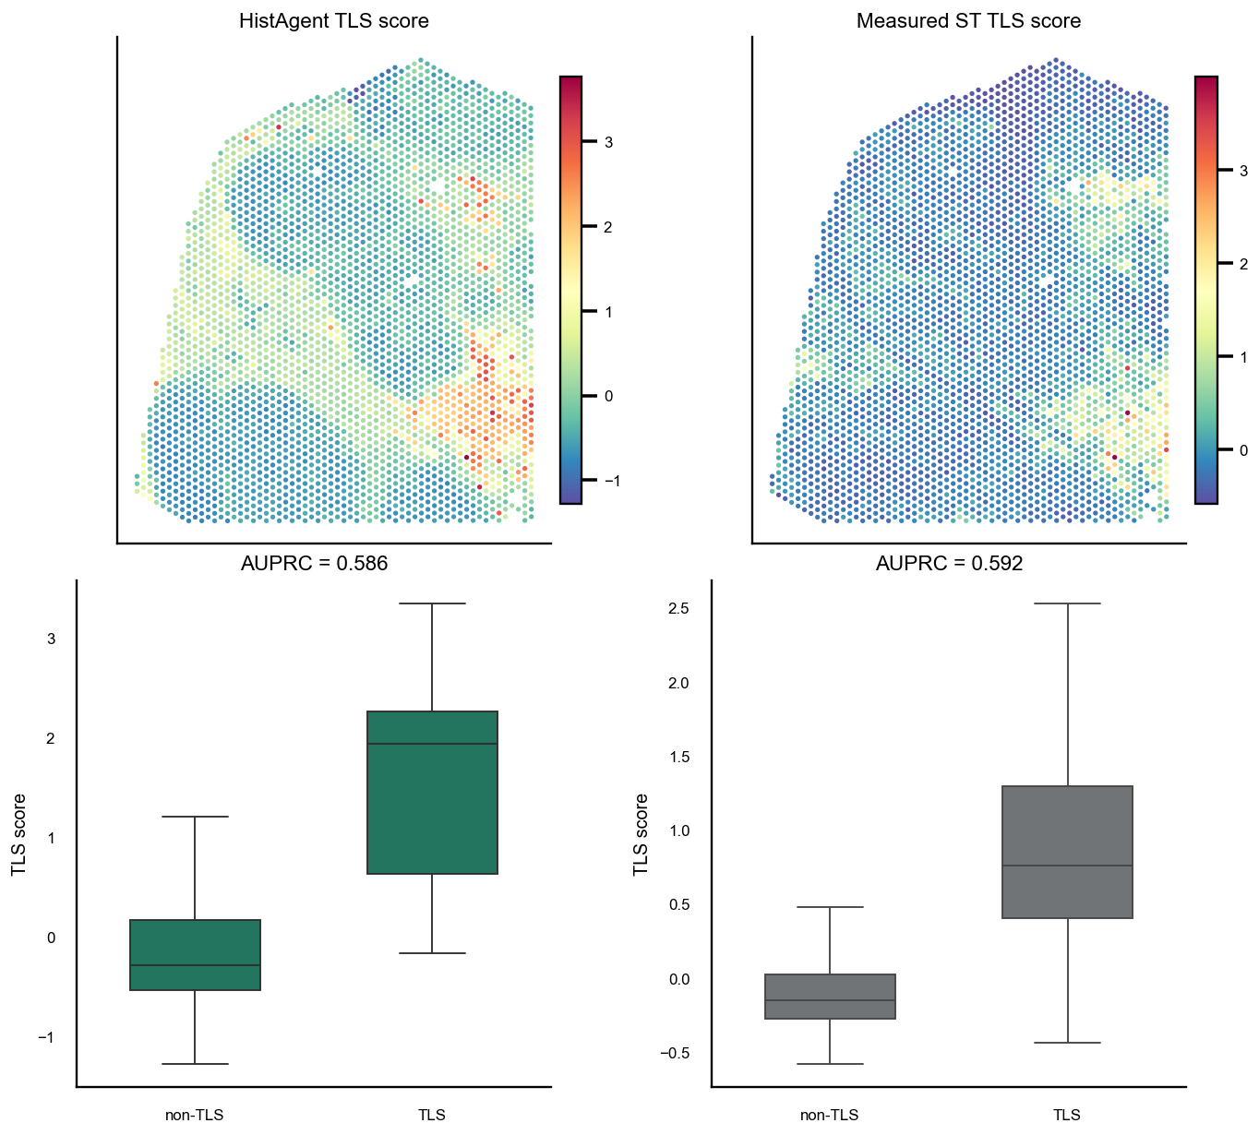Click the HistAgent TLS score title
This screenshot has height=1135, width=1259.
[334, 20]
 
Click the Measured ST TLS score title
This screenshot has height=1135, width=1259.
[968, 20]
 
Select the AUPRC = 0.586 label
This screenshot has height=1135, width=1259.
[315, 563]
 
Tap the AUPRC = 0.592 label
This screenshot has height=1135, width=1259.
[950, 563]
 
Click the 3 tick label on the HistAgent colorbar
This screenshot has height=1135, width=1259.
[609, 142]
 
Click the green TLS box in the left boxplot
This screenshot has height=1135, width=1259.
[432, 793]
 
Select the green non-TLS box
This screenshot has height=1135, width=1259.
[195, 955]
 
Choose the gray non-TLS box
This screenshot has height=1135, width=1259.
[831, 997]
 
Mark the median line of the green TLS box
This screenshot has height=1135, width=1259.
[432, 744]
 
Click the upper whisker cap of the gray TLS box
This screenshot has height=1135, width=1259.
[1068, 603]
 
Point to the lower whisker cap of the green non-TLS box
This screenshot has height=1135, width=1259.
[195, 1064]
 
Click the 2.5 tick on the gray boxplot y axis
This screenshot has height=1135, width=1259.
[678, 609]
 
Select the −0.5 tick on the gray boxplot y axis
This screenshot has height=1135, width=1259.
[675, 1053]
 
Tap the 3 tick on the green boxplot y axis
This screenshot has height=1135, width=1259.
[52, 639]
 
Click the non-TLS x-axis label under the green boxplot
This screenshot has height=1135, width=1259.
[195, 1115]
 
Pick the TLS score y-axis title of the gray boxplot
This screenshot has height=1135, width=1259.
[641, 834]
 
